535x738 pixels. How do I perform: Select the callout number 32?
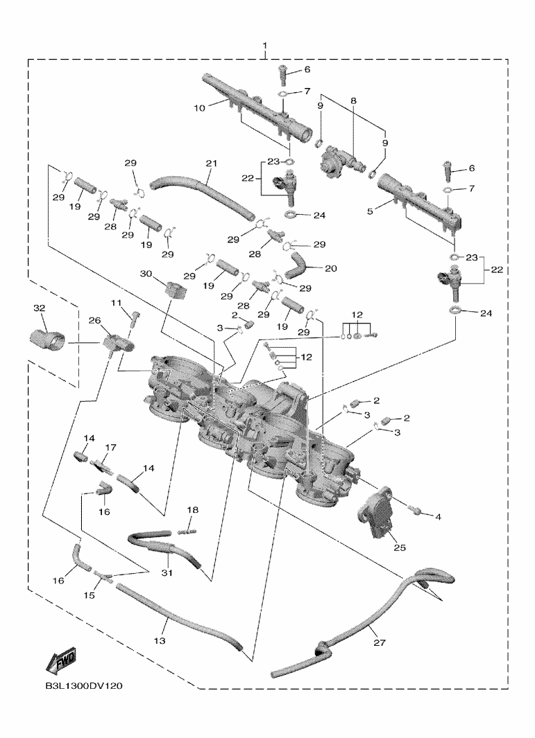click(x=39, y=308)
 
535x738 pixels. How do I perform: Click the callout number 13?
click(x=159, y=641)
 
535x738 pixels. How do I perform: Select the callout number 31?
click(x=167, y=572)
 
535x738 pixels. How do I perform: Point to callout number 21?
click(x=212, y=164)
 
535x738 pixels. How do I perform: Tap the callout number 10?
click(x=198, y=108)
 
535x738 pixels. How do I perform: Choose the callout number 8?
click(x=353, y=100)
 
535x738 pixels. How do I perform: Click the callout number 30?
click(x=146, y=274)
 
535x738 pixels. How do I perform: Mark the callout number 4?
click(x=438, y=516)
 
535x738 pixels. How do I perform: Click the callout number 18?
click(x=192, y=510)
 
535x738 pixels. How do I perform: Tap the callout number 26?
click(x=94, y=320)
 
